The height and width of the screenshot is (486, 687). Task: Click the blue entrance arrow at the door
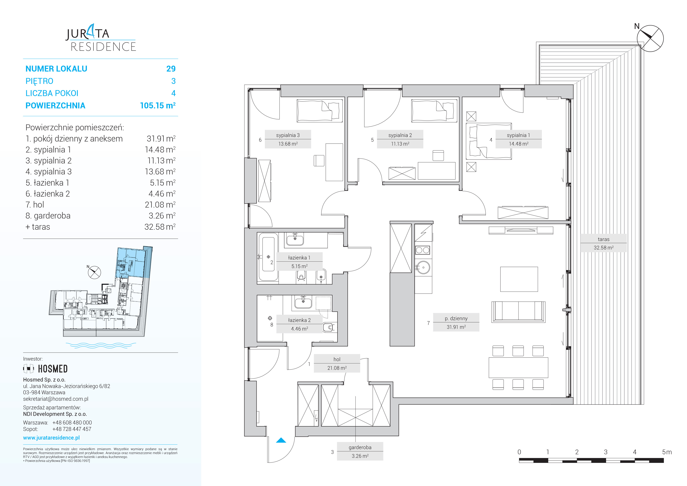click(x=281, y=440)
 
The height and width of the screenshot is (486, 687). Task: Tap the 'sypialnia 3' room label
click(x=288, y=135)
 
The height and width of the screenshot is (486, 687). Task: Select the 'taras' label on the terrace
click(x=604, y=239)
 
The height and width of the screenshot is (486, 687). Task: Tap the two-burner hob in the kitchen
click(x=423, y=250)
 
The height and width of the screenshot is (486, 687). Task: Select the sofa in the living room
click(x=519, y=312)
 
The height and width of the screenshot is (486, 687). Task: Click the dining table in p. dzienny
click(x=518, y=367)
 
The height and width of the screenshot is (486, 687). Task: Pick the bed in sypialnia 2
click(x=434, y=111)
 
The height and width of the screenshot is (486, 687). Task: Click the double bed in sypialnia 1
click(x=489, y=141)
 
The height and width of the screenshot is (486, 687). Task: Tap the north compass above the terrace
click(x=650, y=38)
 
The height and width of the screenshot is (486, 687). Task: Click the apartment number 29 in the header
click(x=171, y=69)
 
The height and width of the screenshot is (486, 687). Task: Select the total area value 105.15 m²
click(x=158, y=105)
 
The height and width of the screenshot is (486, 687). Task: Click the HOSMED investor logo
click(x=45, y=369)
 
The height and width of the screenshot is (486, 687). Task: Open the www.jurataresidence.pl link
click(x=52, y=438)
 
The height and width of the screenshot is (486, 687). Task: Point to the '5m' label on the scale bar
click(x=667, y=452)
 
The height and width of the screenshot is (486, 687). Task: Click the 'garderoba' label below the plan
click(x=360, y=447)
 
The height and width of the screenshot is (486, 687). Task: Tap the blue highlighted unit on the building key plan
click(x=133, y=262)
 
